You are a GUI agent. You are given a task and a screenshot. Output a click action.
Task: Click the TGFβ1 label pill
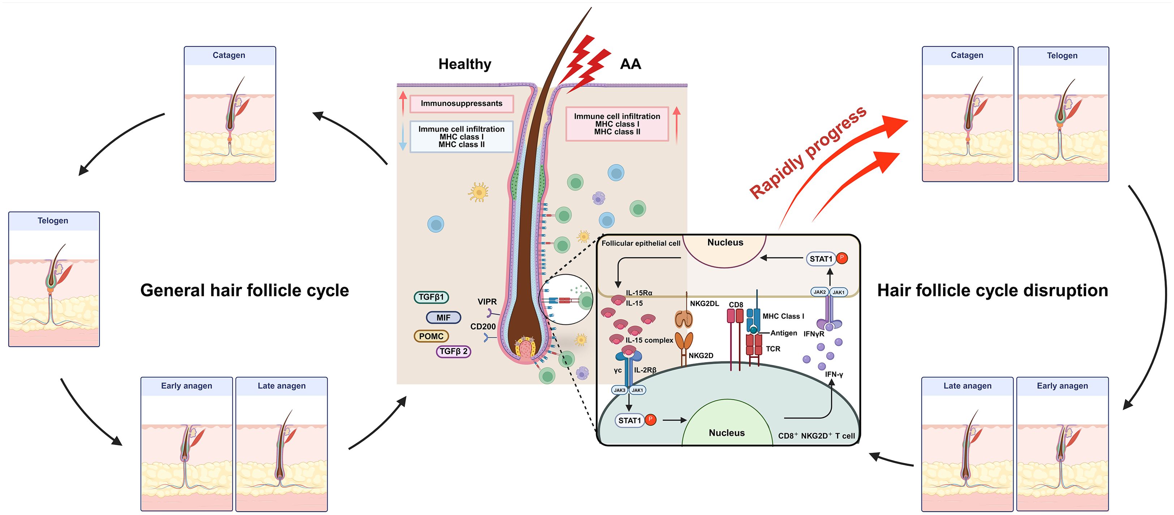click(431, 297)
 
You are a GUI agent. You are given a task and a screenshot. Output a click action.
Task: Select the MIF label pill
click(444, 318)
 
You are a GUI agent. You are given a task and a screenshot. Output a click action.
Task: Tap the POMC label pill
click(431, 336)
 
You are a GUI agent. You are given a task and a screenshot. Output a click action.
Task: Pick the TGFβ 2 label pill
click(453, 351)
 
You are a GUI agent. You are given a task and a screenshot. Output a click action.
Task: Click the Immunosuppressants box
click(461, 103)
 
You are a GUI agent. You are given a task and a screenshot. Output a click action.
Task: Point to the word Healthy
click(464, 64)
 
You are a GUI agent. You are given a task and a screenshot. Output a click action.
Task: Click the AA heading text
click(630, 64)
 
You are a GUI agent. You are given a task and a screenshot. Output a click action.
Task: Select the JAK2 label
click(819, 292)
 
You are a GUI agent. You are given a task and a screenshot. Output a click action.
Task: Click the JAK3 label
click(620, 390)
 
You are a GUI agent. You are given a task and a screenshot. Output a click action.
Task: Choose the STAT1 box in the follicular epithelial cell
click(821, 259)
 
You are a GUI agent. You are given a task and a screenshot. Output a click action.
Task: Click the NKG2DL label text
click(704, 304)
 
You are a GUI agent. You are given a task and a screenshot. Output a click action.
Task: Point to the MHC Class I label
click(783, 316)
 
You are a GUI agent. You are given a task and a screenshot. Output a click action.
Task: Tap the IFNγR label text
click(814, 334)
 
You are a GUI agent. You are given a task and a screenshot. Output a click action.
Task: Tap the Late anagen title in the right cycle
click(967, 386)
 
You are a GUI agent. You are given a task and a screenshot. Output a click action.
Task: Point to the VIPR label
click(487, 302)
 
